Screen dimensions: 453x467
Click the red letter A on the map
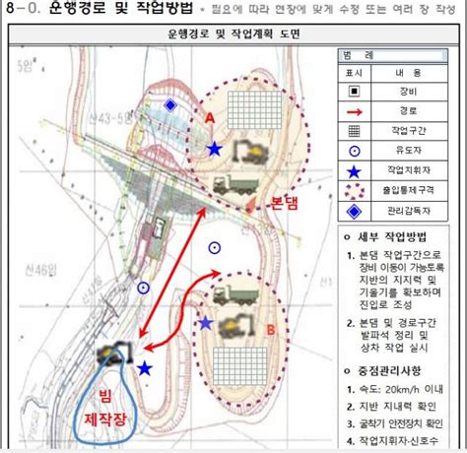coord(209,115)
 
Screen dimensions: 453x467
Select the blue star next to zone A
coord(214,150)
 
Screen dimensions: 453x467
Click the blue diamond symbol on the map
coord(170,104)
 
